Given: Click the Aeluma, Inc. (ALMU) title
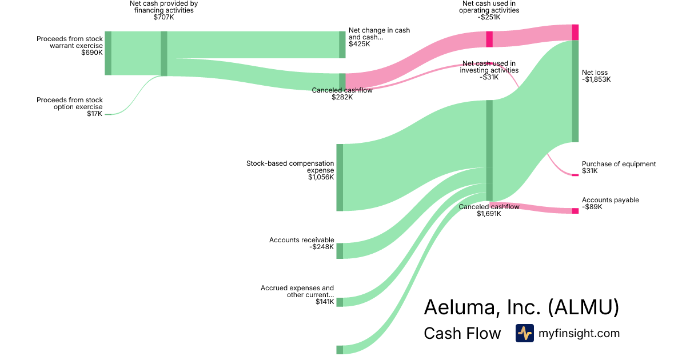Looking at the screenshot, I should point(521,307).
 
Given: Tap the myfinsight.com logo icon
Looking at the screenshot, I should point(524,333).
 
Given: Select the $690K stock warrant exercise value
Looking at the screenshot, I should point(91,53).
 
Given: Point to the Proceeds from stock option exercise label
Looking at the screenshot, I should point(70,103).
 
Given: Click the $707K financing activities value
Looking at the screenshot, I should point(163,18).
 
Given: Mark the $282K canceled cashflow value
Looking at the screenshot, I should point(342,98).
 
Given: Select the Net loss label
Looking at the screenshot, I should point(595,73).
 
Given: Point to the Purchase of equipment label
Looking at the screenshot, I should point(619,164).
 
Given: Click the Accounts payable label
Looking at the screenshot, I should point(610,200).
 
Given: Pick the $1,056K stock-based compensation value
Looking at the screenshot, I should point(321,178).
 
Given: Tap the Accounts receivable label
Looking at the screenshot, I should point(301,240).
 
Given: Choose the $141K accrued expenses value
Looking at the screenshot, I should point(324,302).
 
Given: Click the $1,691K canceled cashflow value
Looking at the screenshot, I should point(489,214).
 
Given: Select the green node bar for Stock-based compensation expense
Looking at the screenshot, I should point(340,177).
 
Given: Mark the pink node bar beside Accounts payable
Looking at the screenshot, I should point(575,211).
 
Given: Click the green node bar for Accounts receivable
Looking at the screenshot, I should point(340,251).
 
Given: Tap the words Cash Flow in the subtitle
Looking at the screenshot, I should point(462,333).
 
